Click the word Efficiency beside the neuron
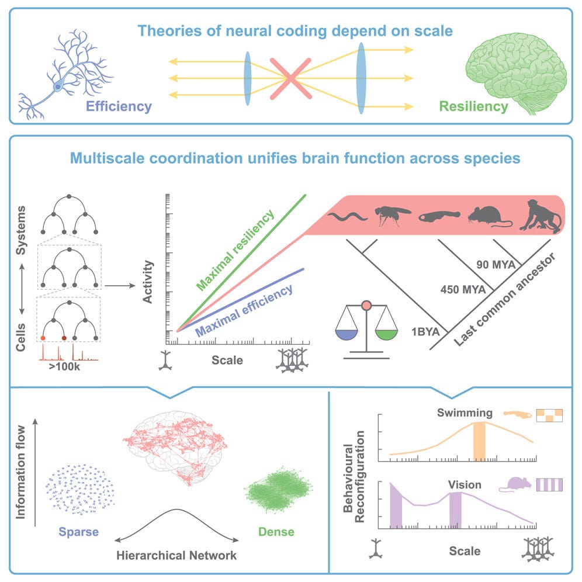tap(119, 106)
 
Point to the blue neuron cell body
tap(58, 86)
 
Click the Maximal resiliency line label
tap(235, 251)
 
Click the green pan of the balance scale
tap(386, 334)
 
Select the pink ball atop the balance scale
tap(366, 305)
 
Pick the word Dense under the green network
tap(275, 532)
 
